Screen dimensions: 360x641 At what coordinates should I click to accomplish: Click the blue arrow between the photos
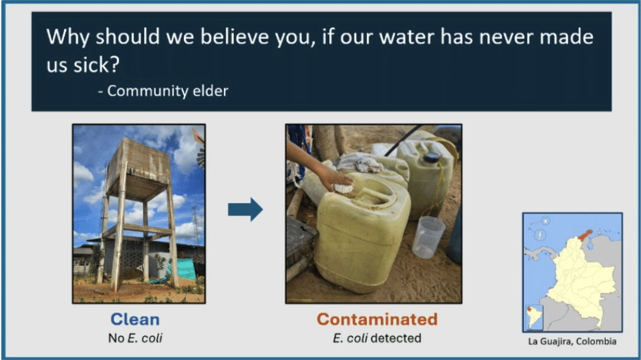click(245, 210)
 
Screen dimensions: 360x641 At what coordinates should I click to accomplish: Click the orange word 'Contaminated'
click(377, 319)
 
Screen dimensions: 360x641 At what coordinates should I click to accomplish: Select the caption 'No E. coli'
click(135, 338)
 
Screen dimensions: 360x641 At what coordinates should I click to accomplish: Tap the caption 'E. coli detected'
click(377, 338)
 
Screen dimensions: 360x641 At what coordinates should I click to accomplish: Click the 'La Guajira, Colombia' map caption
click(572, 342)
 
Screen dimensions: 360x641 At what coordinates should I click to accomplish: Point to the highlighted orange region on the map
click(585, 235)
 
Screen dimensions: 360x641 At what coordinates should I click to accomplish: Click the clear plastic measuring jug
click(428, 236)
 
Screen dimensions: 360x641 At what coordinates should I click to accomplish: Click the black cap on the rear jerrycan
click(432, 158)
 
